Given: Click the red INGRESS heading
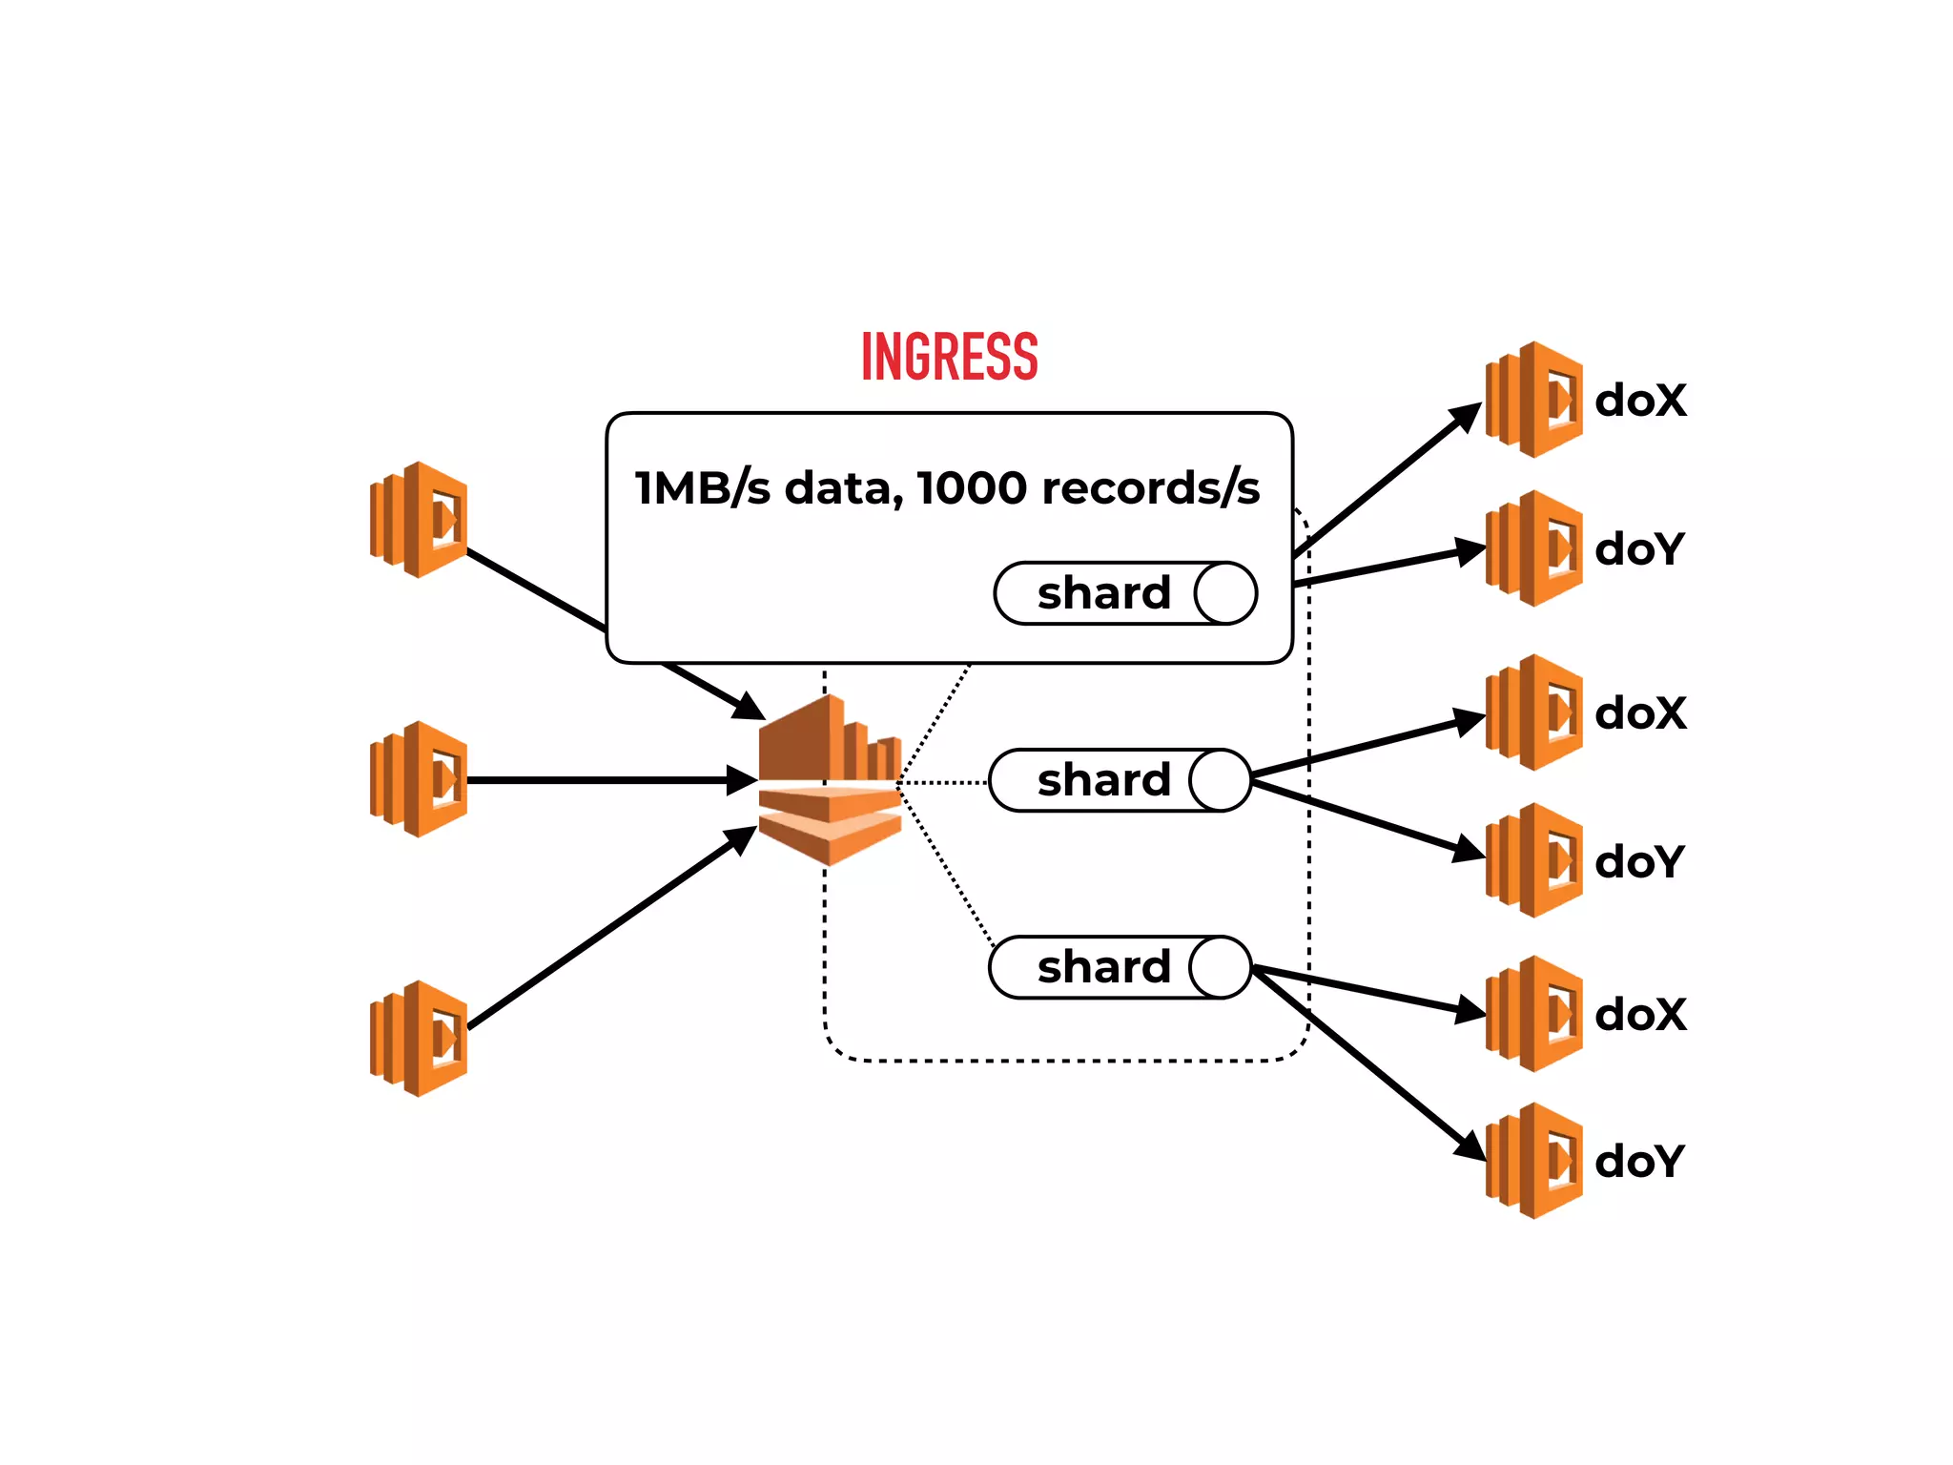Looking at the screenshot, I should click(x=949, y=357).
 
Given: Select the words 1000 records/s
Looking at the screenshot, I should click(x=1088, y=488).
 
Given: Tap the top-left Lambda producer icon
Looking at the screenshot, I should click(x=419, y=520).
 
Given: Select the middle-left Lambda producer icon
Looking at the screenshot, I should click(x=419, y=779).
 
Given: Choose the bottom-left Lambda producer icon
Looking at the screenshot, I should click(x=419, y=1039).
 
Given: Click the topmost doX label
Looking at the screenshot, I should click(x=1640, y=401).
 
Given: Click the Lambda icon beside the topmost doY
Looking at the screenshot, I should click(x=1533, y=548).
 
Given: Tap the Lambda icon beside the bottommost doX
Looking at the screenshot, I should click(x=1533, y=1014).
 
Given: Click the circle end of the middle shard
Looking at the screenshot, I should click(x=1220, y=780).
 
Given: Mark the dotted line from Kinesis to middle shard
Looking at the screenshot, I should click(x=944, y=782).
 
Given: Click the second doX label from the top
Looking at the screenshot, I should click(x=1640, y=713).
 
